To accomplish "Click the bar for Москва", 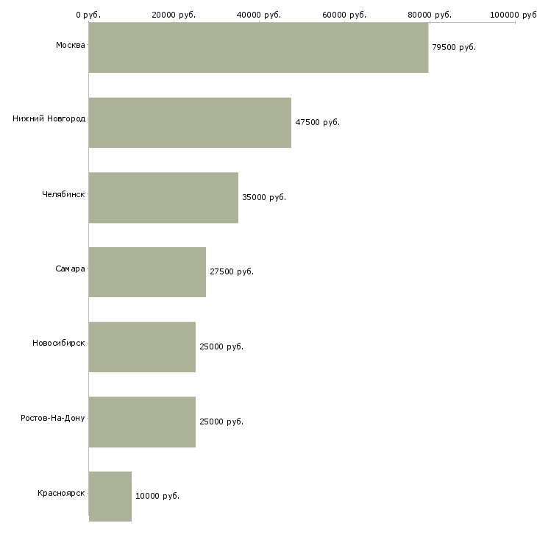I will (x=258, y=47).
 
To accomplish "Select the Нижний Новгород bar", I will (x=190, y=122).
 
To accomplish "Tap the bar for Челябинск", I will (x=163, y=197).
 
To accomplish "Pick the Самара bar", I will (x=147, y=271).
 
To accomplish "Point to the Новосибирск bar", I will (x=142, y=346).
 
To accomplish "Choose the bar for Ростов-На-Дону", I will (x=142, y=422).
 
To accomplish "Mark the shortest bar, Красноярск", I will (x=110, y=497).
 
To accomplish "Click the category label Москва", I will (x=70, y=46).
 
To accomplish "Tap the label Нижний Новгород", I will (x=49, y=118).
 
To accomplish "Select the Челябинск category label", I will (x=63, y=194).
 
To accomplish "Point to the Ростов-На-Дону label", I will (x=53, y=418).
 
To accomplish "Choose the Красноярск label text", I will (x=61, y=492).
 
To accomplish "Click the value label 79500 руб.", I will (x=454, y=47).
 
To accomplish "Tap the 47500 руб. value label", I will (x=317, y=122).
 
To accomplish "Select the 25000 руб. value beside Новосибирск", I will (x=221, y=346).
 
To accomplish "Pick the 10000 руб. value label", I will (x=157, y=497).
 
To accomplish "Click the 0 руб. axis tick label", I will (x=88, y=15).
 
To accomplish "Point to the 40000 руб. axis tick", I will (x=259, y=15).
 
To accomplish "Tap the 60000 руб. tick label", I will (x=344, y=15).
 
